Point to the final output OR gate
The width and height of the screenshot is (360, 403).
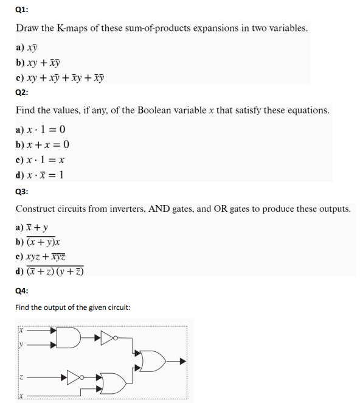tap(151, 360)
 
